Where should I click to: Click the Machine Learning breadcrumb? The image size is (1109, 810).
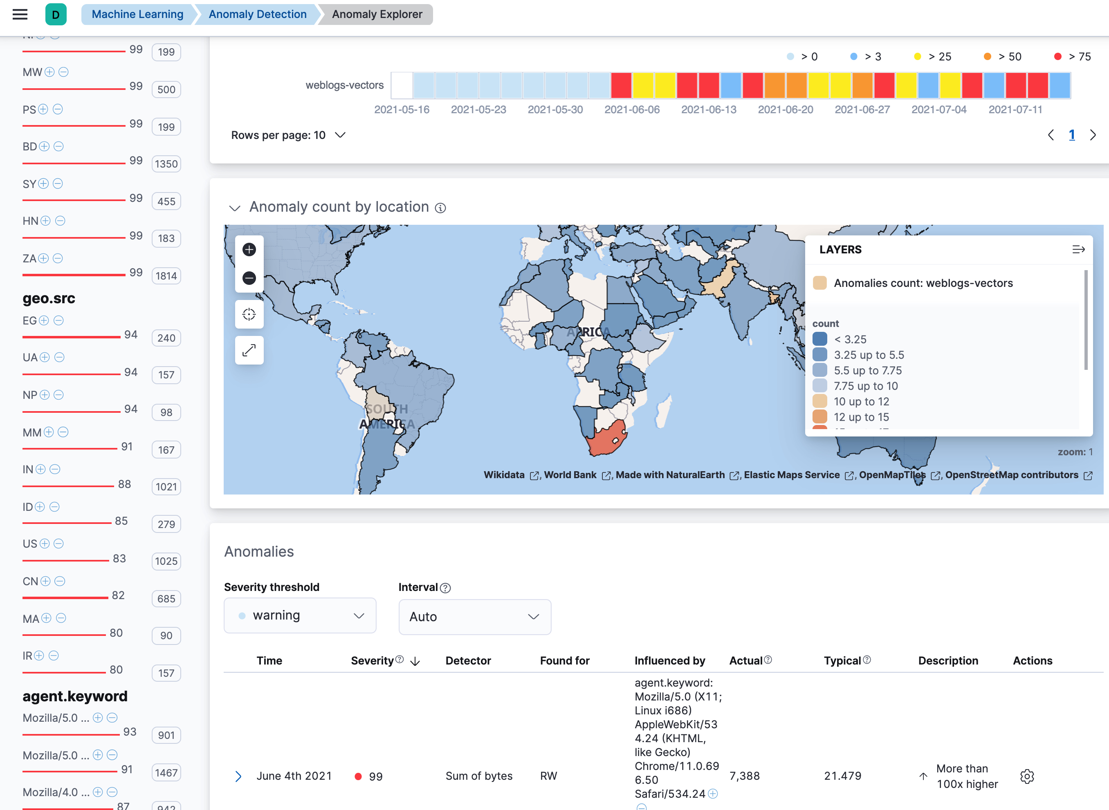pyautogui.click(x=137, y=14)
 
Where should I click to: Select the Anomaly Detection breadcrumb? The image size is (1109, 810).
pyautogui.click(x=258, y=14)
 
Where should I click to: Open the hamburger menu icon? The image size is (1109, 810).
pyautogui.click(x=20, y=14)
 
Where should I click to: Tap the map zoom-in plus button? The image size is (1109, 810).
pyautogui.click(x=249, y=250)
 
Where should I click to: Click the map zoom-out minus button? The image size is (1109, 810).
pyautogui.click(x=249, y=278)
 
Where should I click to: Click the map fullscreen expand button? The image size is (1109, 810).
pyautogui.click(x=249, y=350)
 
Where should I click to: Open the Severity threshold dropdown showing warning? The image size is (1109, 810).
pyautogui.click(x=300, y=615)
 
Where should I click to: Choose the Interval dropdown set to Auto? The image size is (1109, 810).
pyautogui.click(x=474, y=616)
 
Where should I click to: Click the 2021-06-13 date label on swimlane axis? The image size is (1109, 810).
pyautogui.click(x=708, y=110)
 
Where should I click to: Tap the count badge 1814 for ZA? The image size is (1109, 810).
pyautogui.click(x=166, y=276)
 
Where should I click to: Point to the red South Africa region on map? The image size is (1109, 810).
pyautogui.click(x=605, y=440)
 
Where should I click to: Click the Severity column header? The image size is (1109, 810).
pyautogui.click(x=372, y=660)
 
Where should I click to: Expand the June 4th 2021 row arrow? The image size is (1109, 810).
pyautogui.click(x=238, y=776)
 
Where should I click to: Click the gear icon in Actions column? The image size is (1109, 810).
pyautogui.click(x=1026, y=776)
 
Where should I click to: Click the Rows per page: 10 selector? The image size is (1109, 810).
pyautogui.click(x=288, y=135)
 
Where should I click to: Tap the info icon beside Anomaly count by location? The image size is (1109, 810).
pyautogui.click(x=440, y=208)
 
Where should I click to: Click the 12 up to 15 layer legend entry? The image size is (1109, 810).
pyautogui.click(x=861, y=417)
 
